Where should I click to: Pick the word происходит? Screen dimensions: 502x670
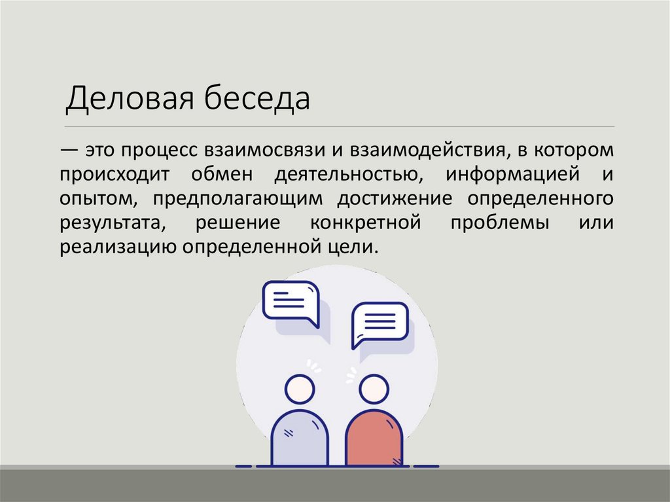[116, 175]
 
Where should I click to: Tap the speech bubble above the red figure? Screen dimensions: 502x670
[379, 323]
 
